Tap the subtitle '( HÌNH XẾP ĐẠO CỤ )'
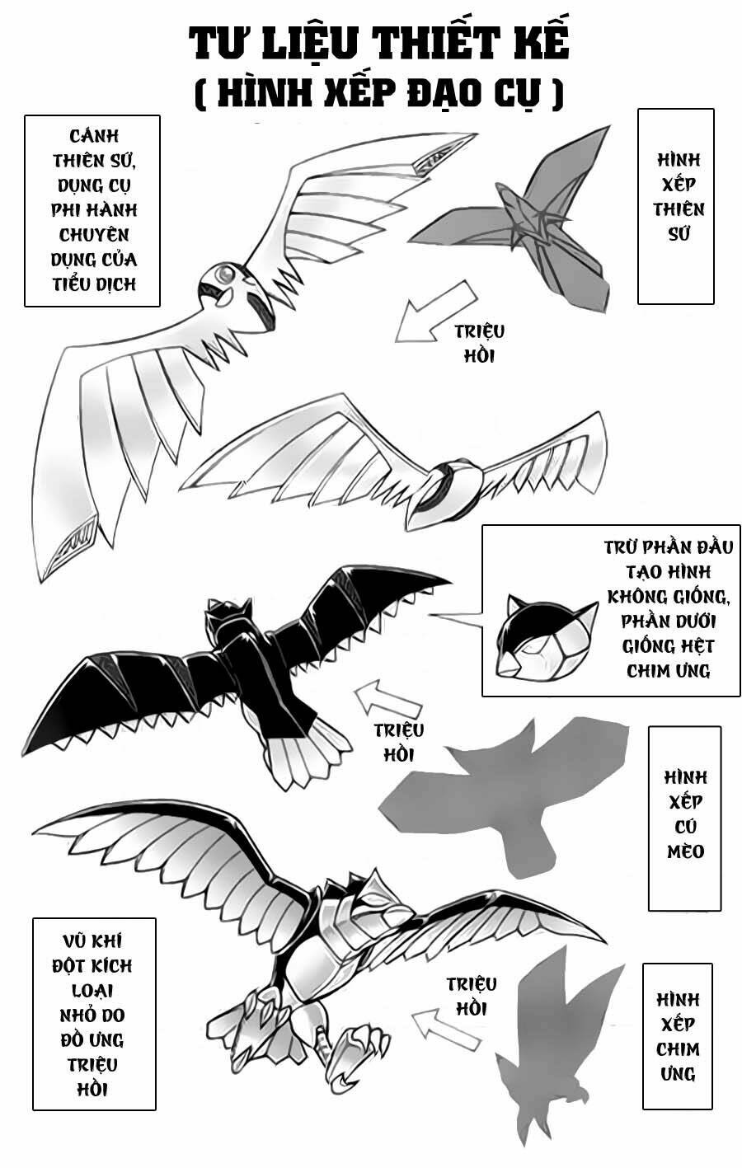coord(378,92)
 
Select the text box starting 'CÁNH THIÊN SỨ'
coord(92,210)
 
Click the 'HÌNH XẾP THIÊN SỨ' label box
coord(675,206)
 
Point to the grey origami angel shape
coord(528,223)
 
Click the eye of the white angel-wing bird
coord(223,273)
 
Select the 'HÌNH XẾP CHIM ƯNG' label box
coord(677,1036)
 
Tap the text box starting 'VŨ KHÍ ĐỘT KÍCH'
coord(94,1014)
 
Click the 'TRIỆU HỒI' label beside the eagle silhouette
coord(471,996)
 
